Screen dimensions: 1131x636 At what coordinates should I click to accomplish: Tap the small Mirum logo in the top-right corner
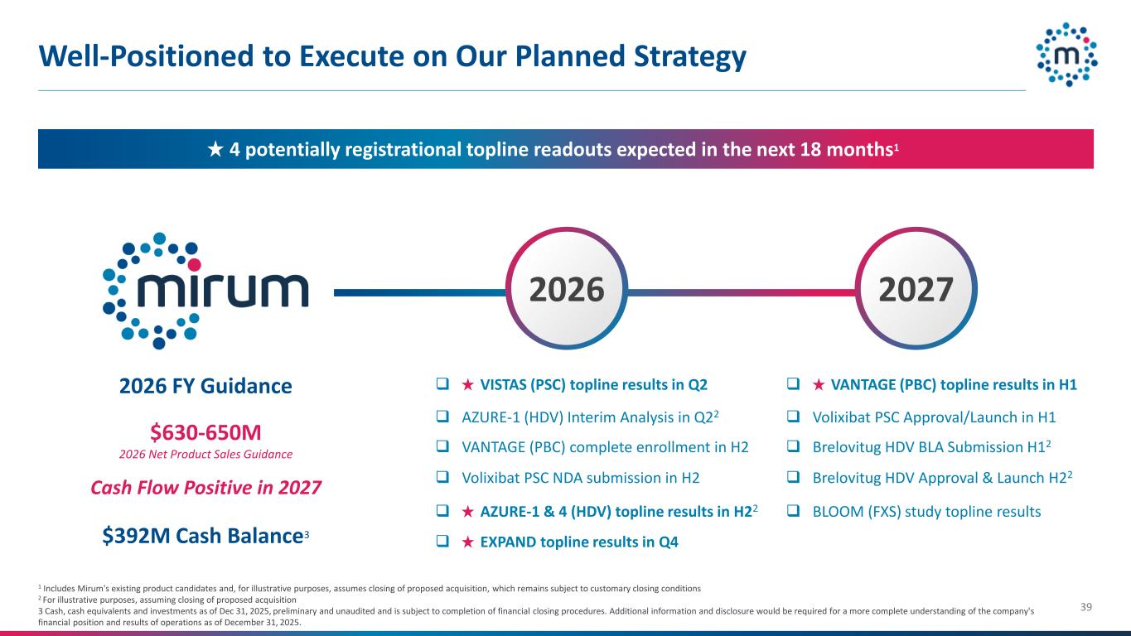[1067, 55]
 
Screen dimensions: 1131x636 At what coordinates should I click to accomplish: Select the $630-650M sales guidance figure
[205, 432]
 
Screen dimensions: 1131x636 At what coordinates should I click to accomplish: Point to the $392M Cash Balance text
[205, 536]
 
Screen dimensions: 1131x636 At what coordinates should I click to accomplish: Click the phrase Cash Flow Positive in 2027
[205, 488]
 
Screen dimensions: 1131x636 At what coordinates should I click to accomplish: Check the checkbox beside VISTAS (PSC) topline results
[442, 384]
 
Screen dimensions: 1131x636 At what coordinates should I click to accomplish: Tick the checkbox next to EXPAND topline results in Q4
[442, 542]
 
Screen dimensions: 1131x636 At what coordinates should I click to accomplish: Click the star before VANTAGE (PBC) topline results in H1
[819, 385]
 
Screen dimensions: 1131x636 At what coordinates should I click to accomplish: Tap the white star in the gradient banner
[215, 149]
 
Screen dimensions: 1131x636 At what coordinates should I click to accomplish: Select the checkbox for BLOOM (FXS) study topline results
[793, 511]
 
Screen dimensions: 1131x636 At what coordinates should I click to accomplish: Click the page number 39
[1086, 607]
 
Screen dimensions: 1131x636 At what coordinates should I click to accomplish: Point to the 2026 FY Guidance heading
[205, 386]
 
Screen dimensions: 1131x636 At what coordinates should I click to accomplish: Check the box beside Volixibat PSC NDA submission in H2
[442, 477]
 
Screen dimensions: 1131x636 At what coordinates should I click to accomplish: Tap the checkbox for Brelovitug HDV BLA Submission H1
[793, 446]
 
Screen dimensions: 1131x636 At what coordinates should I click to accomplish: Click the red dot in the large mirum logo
[195, 264]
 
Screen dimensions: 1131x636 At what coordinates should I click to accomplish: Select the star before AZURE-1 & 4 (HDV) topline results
[467, 512]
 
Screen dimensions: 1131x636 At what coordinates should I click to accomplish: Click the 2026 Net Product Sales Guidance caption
[205, 455]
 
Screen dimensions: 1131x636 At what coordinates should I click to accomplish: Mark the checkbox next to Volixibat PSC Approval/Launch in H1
[793, 417]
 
